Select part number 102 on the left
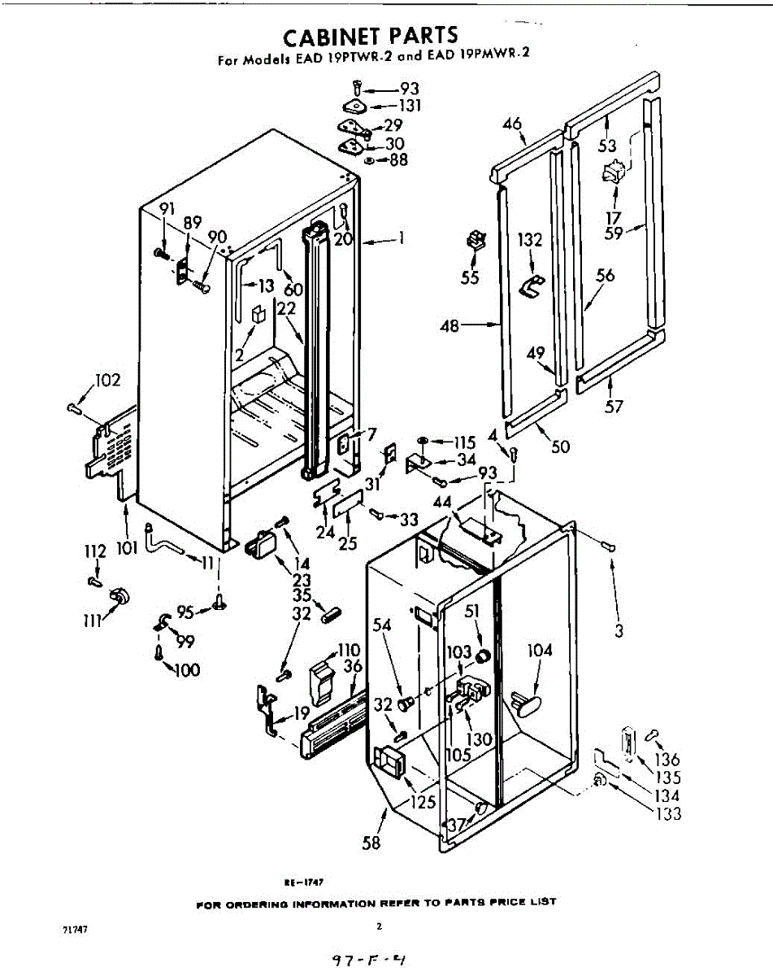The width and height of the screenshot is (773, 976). point(107,380)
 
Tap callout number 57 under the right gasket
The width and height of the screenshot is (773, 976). point(614,406)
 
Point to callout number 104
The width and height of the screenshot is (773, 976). point(540,650)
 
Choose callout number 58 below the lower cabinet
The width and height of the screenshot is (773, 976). point(371,842)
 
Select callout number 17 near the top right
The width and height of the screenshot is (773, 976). point(614,217)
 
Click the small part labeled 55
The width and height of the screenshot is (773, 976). point(474,242)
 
